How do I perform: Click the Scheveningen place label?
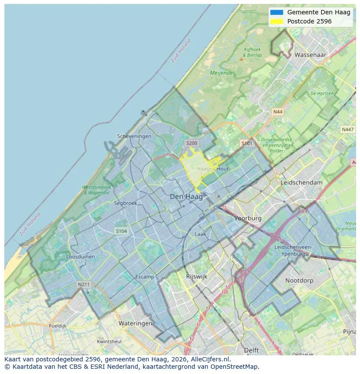pyautogui.click(x=134, y=136)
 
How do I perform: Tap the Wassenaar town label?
pyautogui.click(x=310, y=55)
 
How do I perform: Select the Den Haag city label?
pyautogui.click(x=186, y=197)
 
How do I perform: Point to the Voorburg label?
pyautogui.click(x=248, y=218)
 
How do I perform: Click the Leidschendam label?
pyautogui.click(x=302, y=182)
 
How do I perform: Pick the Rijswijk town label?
pyautogui.click(x=197, y=276)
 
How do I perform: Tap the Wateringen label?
pyautogui.click(x=135, y=323)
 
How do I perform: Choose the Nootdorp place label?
pyautogui.click(x=299, y=281)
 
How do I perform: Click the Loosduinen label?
pyautogui.click(x=80, y=257)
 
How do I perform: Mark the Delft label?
pyautogui.click(x=251, y=350)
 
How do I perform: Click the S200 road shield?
pyautogui.click(x=191, y=143)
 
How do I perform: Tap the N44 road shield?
pyautogui.click(x=277, y=112)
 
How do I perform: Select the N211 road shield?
pyautogui.click(x=83, y=285)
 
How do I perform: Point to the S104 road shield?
pyautogui.click(x=121, y=231)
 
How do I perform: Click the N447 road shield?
pyautogui.click(x=347, y=129)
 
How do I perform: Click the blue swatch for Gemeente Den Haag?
pyautogui.click(x=276, y=12)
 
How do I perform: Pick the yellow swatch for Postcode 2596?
pyautogui.click(x=276, y=21)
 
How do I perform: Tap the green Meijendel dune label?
pyautogui.click(x=222, y=73)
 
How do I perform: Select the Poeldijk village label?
pyautogui.click(x=57, y=326)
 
